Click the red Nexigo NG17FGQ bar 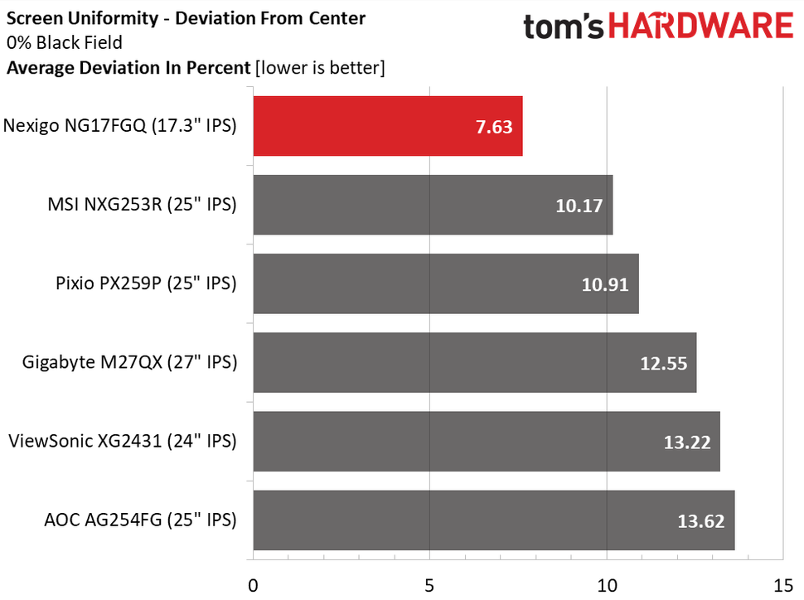[x=387, y=126]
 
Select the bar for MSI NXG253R [x=432, y=205]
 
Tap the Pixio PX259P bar [x=445, y=283]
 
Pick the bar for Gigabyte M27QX [x=474, y=362]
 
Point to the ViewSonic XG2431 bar [x=486, y=441]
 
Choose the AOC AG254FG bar [x=493, y=520]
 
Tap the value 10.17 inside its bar [x=579, y=206]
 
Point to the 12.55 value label [x=663, y=364]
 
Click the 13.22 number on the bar [x=686, y=443]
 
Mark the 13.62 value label [x=700, y=521]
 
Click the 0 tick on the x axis [x=254, y=585]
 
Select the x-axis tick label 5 [x=430, y=585]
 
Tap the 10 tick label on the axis [x=607, y=585]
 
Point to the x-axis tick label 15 [x=783, y=585]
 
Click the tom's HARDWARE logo [x=657, y=27]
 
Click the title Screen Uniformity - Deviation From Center [x=186, y=17]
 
